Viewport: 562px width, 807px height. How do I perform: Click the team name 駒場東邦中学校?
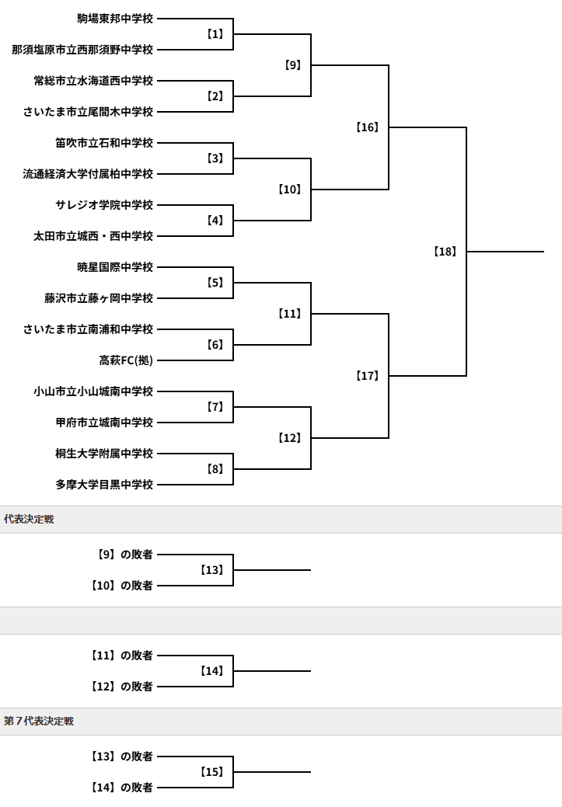pos(115,19)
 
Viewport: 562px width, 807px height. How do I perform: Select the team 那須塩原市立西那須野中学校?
pos(82,50)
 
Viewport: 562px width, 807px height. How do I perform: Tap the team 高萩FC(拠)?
pos(126,360)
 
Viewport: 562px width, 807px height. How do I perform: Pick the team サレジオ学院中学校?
pos(104,205)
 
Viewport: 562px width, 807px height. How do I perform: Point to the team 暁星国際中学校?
pos(115,267)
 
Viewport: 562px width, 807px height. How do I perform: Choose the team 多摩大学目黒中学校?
pos(104,485)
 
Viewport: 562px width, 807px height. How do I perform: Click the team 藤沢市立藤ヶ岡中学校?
pos(99,298)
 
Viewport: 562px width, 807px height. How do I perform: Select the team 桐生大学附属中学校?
pos(104,454)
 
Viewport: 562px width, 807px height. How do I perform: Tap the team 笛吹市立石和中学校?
pos(104,143)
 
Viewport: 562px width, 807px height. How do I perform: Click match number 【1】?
pos(215,34)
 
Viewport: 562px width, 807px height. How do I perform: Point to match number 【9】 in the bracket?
pos(292,64)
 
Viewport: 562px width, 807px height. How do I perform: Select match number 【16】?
pos(367,127)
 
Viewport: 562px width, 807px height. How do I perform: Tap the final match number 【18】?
pos(445,252)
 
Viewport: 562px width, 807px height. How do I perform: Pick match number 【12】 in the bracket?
pos(289,438)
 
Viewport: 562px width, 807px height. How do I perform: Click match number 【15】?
pos(211,772)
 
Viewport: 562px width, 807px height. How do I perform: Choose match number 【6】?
pos(215,345)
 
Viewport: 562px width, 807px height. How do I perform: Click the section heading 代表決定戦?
pos(29,520)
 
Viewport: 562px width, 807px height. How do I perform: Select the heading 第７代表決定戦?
pos(39,721)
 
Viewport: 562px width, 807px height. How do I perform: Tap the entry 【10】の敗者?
pos(121,586)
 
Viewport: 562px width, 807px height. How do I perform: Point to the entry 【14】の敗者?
pos(121,788)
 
